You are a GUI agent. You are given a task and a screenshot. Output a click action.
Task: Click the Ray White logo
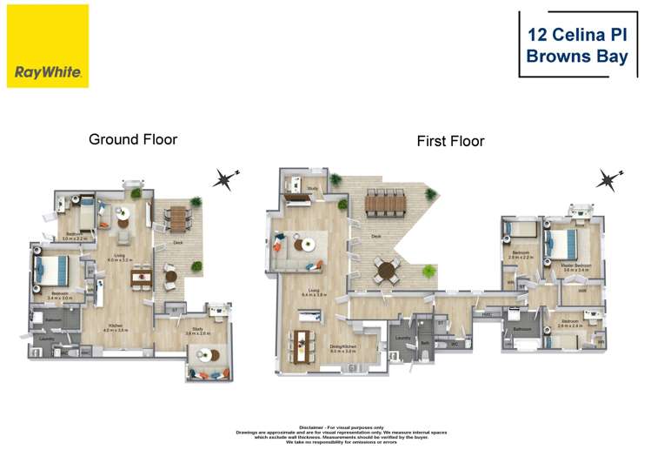(x=48, y=45)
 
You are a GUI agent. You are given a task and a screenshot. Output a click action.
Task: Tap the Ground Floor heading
(x=133, y=139)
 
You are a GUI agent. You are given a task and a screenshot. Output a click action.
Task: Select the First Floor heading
(x=450, y=141)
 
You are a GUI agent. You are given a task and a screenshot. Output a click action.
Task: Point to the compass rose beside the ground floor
(x=226, y=179)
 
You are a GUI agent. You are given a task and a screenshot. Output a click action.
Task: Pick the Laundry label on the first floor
(x=402, y=338)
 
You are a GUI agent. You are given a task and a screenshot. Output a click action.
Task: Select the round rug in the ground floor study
(x=208, y=355)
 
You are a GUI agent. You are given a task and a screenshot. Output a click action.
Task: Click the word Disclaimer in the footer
(x=310, y=427)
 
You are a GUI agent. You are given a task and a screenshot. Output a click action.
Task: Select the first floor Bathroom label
(x=521, y=329)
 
